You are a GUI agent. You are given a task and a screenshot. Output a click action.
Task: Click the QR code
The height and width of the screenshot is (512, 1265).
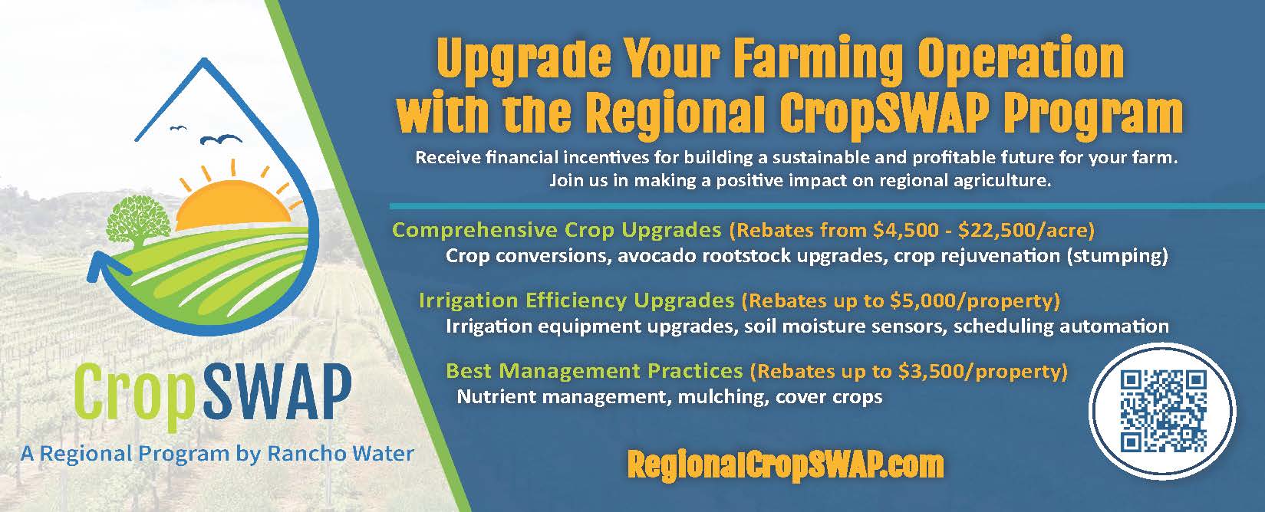coord(1163,411)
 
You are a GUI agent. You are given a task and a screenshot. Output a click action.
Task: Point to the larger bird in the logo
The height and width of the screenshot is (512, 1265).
coord(222,139)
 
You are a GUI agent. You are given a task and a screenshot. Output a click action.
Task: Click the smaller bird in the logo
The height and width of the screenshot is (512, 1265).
coord(179,128)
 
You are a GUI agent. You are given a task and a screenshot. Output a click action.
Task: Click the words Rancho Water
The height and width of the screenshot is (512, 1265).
coord(341,453)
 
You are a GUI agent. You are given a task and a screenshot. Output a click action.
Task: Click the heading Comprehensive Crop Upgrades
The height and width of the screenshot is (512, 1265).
coord(557,230)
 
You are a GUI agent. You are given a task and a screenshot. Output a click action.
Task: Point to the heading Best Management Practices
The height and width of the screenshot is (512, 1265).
coord(594,371)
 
